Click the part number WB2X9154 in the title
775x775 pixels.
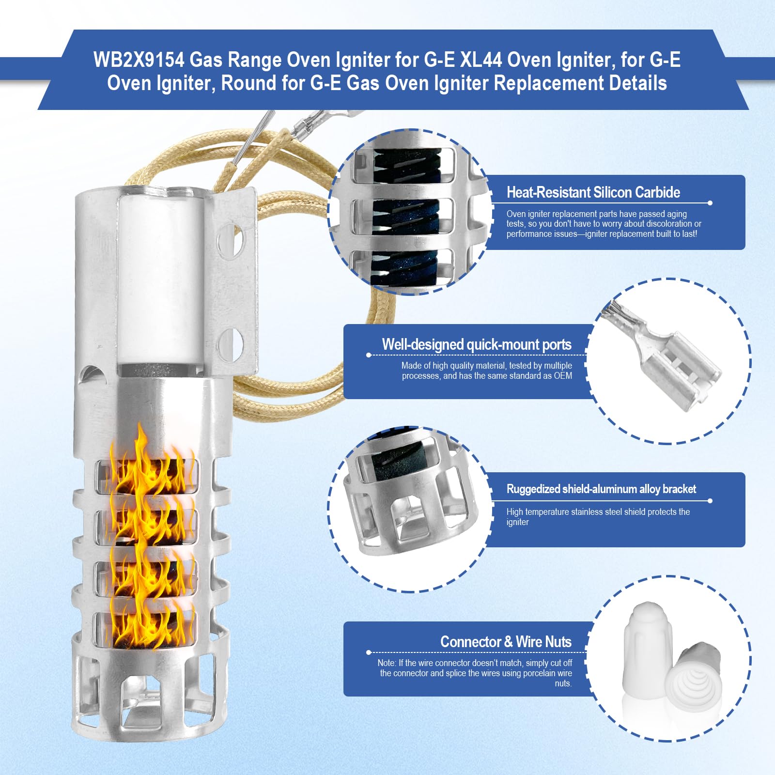139,60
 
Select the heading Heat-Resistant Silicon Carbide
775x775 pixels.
593,192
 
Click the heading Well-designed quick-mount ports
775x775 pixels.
477,344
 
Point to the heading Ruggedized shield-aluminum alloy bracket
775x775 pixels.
601,489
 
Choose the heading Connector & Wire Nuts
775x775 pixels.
506,642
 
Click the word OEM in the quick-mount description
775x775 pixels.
563,376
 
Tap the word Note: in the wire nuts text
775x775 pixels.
387,663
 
